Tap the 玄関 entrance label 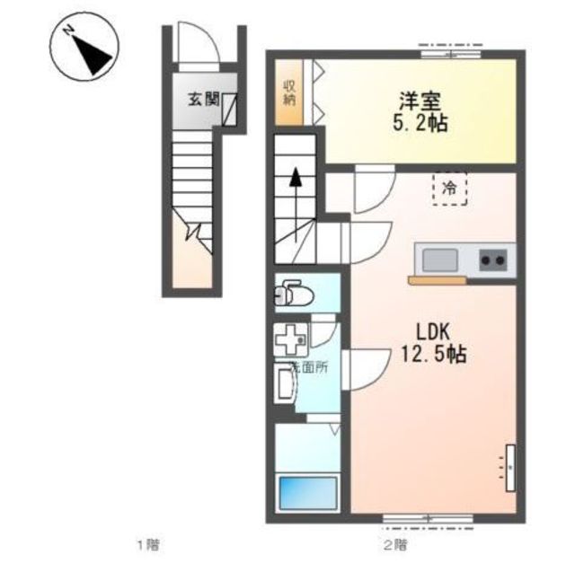[204, 99]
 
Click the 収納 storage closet [289, 92]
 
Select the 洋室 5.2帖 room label [420, 112]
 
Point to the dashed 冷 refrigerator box [449, 189]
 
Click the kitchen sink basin [440, 260]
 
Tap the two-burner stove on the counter [493, 260]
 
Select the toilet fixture [294, 293]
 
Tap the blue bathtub [308, 493]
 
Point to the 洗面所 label [309, 367]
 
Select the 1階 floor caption [148, 545]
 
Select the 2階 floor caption [395, 545]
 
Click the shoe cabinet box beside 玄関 [230, 110]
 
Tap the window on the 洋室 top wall [450, 54]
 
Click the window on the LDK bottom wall [428, 519]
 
